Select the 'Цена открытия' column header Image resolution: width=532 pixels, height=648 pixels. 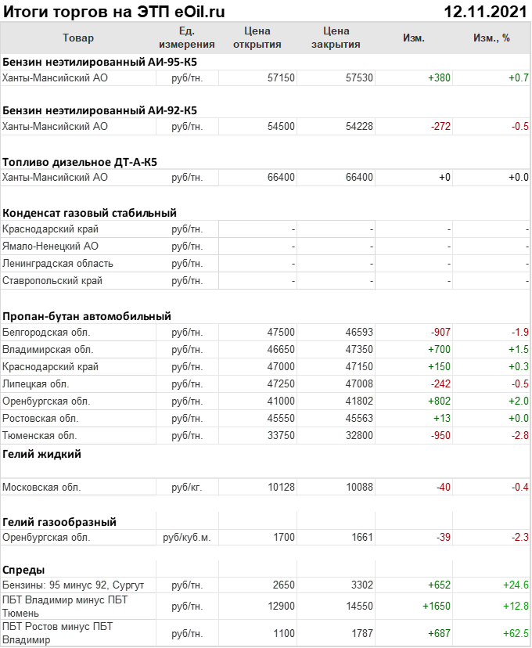pos(257,38)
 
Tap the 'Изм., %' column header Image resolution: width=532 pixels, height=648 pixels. pos(491,38)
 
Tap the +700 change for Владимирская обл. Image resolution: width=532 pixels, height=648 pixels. pos(439,350)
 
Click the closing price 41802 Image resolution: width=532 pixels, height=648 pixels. pos(359,401)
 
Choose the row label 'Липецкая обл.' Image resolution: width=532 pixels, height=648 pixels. pos(35,384)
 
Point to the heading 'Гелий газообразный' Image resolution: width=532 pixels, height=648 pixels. pos(59,522)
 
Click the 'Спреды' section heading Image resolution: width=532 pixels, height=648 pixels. pos(23,570)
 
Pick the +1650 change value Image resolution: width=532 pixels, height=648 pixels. pos(437,607)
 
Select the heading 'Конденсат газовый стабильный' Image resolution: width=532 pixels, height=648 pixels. pos(89,213)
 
